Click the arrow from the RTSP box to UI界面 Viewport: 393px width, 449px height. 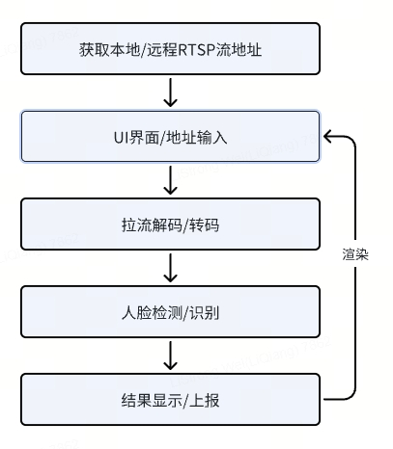pyautogui.click(x=170, y=92)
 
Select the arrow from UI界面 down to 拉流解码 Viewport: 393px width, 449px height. pyautogui.click(x=170, y=179)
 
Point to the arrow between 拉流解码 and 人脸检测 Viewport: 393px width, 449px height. pyautogui.click(x=170, y=267)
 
